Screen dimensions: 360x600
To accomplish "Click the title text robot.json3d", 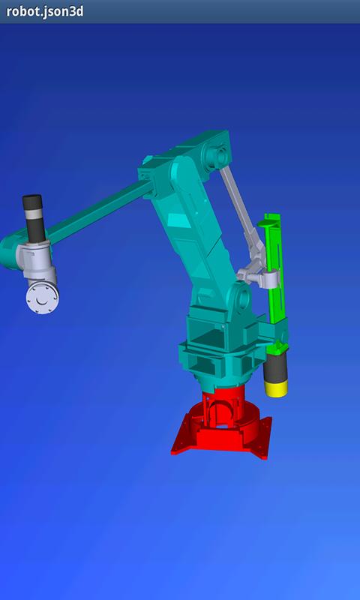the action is (45, 11).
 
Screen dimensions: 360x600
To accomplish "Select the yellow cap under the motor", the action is (276, 389).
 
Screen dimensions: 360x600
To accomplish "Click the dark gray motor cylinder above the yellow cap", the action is (275, 368).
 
